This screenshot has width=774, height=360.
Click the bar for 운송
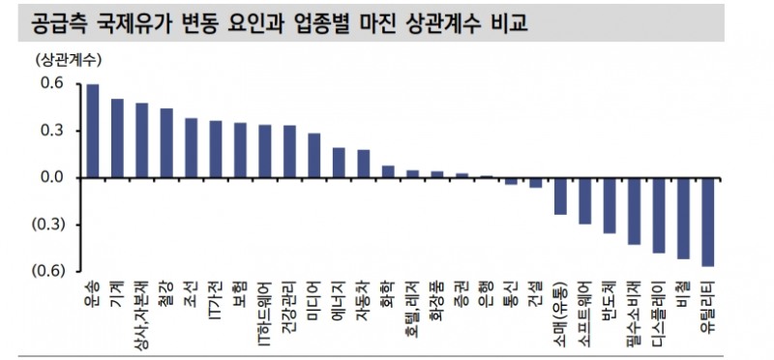click(93, 131)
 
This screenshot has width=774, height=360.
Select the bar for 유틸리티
click(708, 222)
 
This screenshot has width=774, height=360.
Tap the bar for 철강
click(166, 143)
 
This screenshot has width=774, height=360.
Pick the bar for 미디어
click(314, 156)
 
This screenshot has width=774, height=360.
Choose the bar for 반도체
click(610, 205)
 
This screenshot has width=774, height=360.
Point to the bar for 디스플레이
click(659, 215)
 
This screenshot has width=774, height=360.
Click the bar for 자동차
click(364, 164)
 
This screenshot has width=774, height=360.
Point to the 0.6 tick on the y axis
click(52, 84)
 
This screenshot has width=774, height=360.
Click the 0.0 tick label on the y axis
click(52, 178)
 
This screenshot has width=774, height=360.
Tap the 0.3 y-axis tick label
click(52, 131)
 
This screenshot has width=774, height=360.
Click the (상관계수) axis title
click(66, 59)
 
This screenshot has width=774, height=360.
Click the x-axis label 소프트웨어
click(585, 308)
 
